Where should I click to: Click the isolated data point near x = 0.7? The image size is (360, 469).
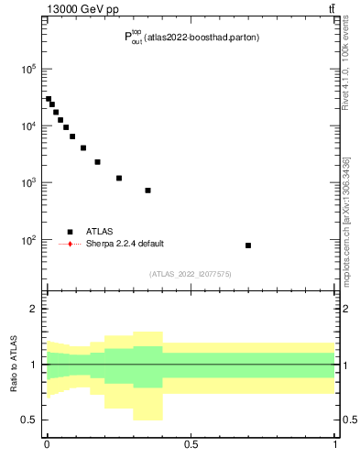tap(248, 245)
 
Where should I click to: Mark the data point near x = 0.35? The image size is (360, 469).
tap(147, 191)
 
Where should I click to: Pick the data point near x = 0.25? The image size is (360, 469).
tap(119, 178)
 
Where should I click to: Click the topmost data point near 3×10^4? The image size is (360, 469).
tap(49, 99)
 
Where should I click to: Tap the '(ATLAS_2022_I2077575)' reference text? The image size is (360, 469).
tap(191, 273)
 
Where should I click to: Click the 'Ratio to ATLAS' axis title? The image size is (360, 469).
tap(14, 364)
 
